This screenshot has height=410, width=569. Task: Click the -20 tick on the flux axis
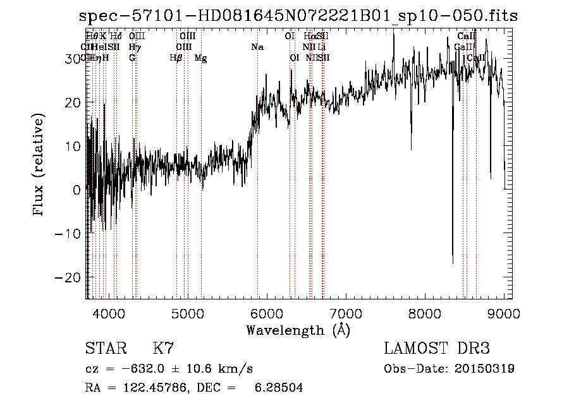[86, 277]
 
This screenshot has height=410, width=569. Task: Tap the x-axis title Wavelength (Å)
[298, 330]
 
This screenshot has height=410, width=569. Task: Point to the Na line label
[257, 47]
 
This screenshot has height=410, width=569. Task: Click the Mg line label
[200, 58]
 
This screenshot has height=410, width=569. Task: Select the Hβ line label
[176, 58]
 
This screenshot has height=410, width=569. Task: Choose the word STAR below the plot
[105, 349]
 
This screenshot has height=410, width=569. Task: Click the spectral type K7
[163, 349]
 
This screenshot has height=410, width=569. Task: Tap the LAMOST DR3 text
[437, 349]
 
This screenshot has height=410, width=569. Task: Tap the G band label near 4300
[132, 58]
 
